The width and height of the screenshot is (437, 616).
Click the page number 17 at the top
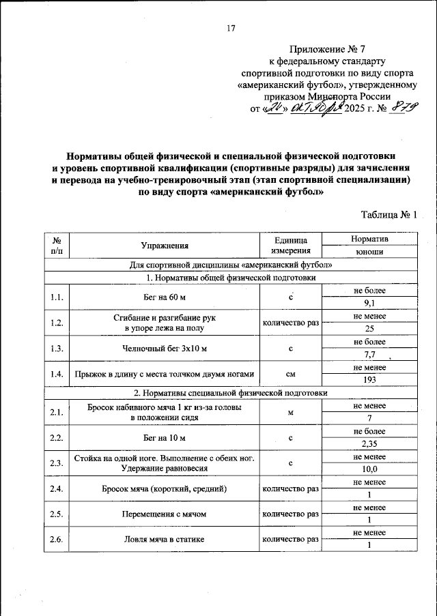pos(230,28)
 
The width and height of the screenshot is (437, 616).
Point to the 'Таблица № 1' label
pos(389,215)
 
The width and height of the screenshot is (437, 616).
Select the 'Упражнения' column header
pos(165,246)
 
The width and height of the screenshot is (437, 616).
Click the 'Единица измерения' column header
pos(291,246)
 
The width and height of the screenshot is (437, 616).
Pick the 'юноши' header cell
pos(369,252)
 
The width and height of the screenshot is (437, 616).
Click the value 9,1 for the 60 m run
pos(369,303)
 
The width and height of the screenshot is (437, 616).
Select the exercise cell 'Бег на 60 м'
pos(165,297)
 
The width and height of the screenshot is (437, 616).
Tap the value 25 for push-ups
pos(369,328)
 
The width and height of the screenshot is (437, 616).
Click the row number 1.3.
pos(57,348)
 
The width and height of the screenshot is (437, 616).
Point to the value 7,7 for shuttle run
pos(369,354)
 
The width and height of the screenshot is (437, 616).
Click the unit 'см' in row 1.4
pos(291,373)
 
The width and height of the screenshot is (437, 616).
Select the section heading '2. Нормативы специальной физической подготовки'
pos(231,393)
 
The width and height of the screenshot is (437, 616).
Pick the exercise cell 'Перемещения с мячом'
pos(165,514)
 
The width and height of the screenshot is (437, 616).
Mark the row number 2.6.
pos(57,540)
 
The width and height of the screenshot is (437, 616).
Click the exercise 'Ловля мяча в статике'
pos(165,540)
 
